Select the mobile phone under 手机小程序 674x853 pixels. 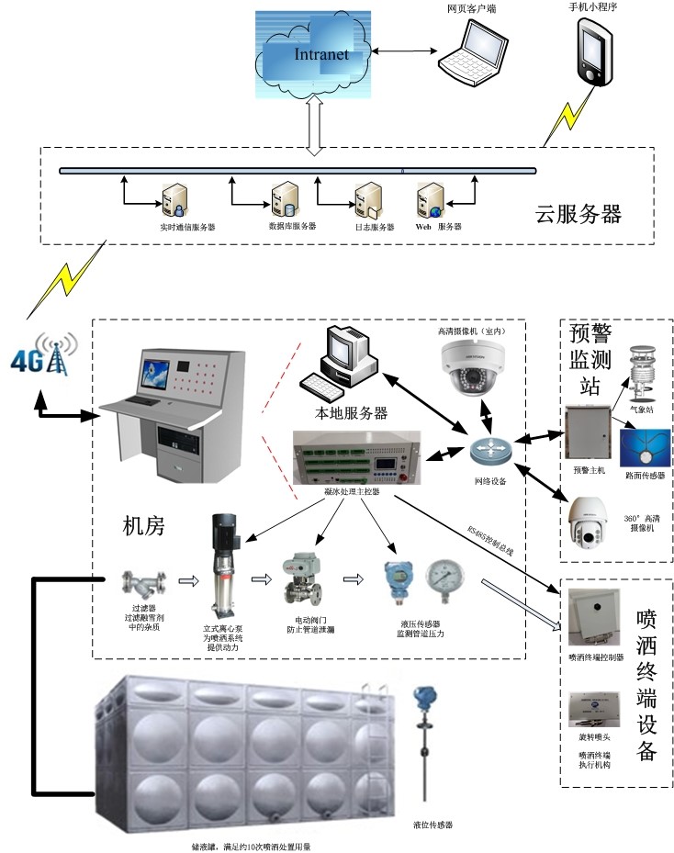[593, 52]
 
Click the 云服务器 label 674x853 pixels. [579, 215]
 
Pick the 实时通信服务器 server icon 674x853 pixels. [173, 199]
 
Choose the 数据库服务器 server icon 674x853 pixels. [281, 199]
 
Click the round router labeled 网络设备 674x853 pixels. [489, 450]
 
